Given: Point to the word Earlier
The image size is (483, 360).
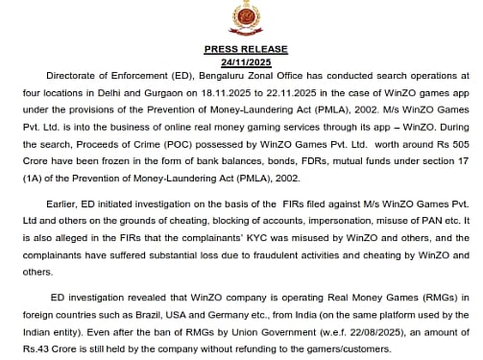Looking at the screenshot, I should [x=61, y=204].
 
